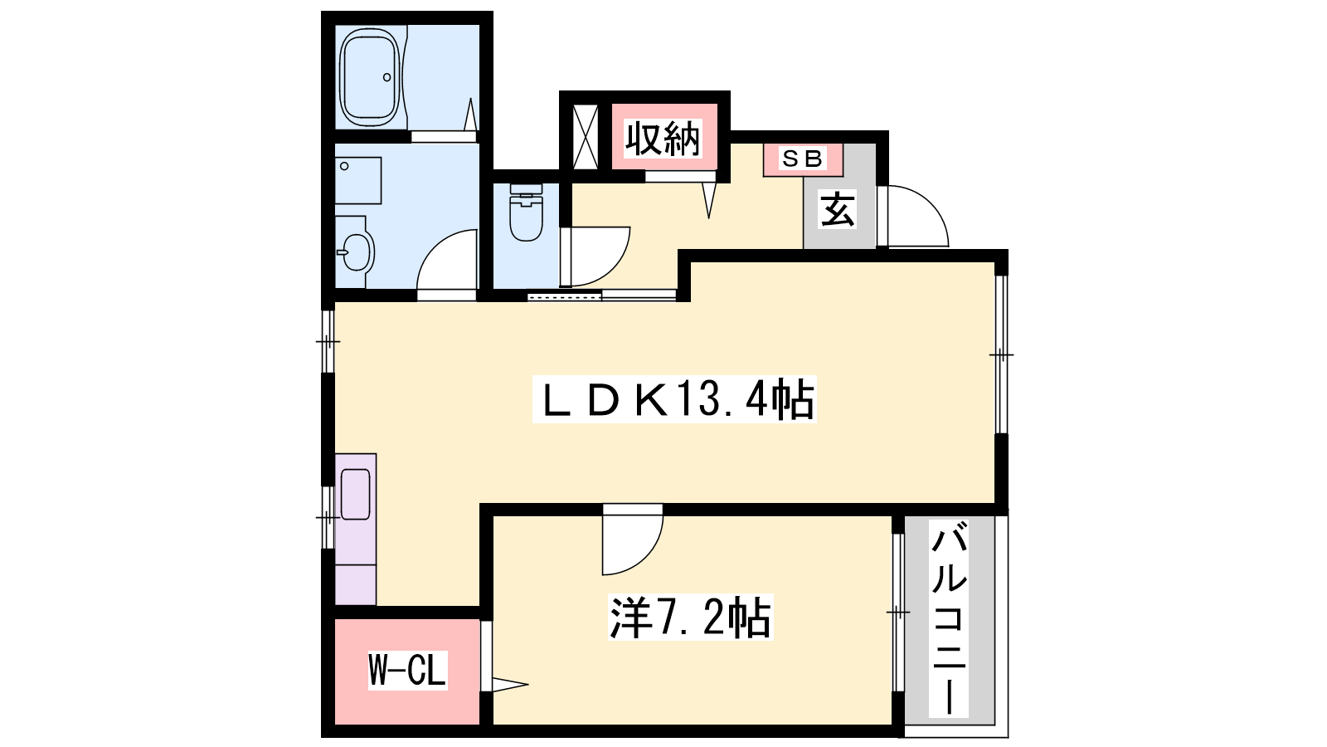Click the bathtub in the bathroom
click(369, 77)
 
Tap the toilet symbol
click(526, 212)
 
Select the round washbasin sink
click(356, 252)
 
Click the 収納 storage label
click(663, 139)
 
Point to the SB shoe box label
click(802, 159)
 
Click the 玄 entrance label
click(838, 209)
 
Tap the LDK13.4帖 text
click(675, 399)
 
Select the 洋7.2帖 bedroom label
click(691, 618)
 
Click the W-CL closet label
click(407, 671)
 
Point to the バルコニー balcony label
click(949, 618)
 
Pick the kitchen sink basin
click(356, 495)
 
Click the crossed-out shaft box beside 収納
click(586, 136)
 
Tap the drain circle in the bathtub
click(386, 77)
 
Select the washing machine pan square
click(357, 181)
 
